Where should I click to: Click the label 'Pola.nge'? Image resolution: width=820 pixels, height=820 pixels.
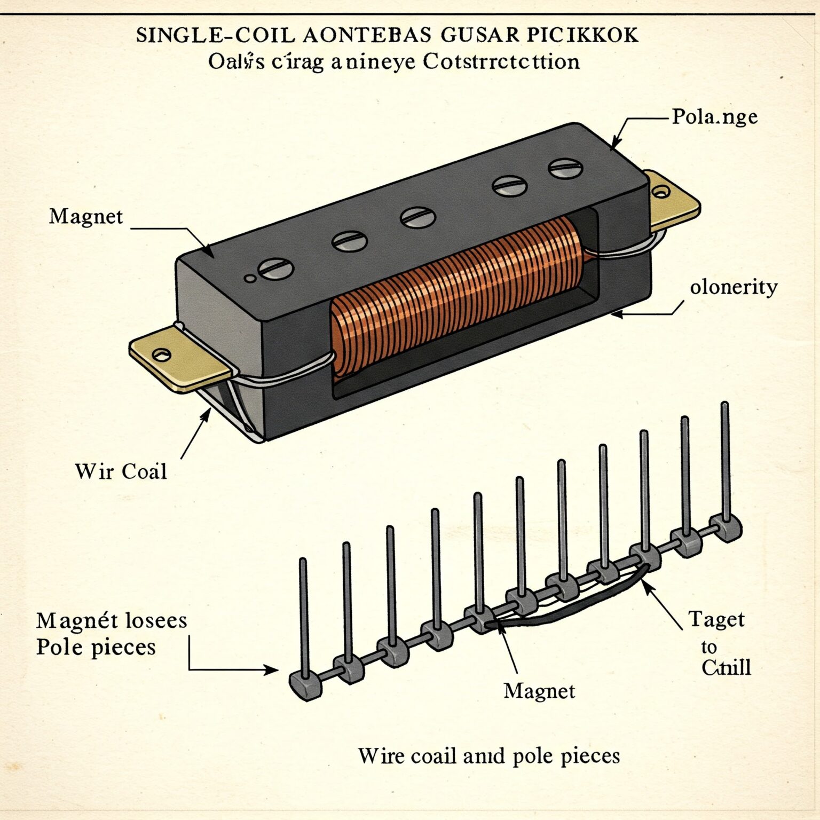(714, 117)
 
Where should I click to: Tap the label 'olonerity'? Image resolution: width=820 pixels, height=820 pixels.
(734, 287)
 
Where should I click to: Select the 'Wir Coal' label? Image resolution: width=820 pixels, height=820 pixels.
(121, 471)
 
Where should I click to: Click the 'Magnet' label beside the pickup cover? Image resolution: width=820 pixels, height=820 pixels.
(86, 217)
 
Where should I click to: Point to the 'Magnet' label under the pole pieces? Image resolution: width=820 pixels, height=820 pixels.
(539, 691)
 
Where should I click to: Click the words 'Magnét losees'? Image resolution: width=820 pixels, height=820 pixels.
(112, 620)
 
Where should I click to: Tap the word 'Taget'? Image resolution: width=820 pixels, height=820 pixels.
(716, 620)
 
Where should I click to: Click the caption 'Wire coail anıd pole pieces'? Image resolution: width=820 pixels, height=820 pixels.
(488, 756)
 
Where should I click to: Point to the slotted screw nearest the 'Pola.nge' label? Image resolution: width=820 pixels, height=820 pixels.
(565, 169)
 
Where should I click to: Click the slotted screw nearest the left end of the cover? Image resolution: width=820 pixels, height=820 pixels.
(275, 269)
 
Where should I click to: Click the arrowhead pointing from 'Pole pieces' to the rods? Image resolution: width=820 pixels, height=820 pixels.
(271, 669)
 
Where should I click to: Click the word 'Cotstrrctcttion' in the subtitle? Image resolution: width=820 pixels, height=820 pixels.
(501, 62)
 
